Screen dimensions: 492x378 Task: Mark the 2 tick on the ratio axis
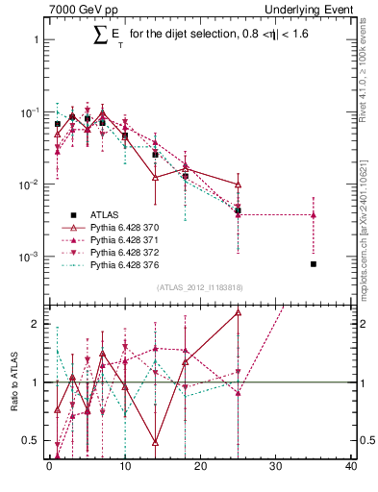click(x=38, y=324)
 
